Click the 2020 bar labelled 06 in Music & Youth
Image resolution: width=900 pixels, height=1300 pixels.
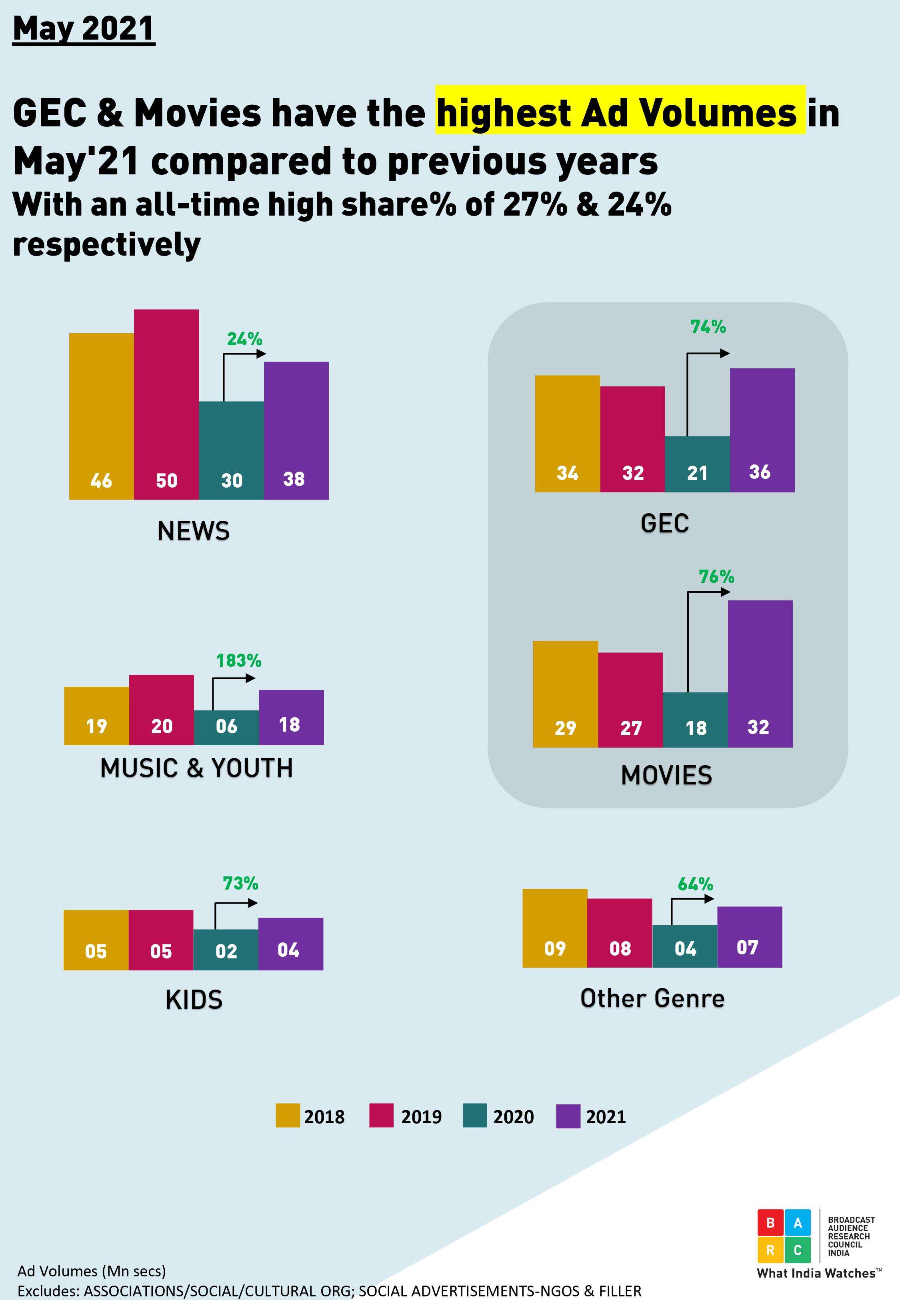(x=226, y=727)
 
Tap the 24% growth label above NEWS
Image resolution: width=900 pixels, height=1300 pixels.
(x=244, y=339)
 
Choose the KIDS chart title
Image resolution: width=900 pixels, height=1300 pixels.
(x=194, y=1000)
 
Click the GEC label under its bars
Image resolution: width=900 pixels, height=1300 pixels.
(x=664, y=523)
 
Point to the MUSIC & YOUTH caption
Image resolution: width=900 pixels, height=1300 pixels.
(x=196, y=768)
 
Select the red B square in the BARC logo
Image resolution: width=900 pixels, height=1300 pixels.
(x=770, y=1223)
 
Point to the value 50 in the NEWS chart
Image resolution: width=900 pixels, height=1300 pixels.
(x=166, y=480)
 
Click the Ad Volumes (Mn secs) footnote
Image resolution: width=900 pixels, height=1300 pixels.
(x=91, y=1271)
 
